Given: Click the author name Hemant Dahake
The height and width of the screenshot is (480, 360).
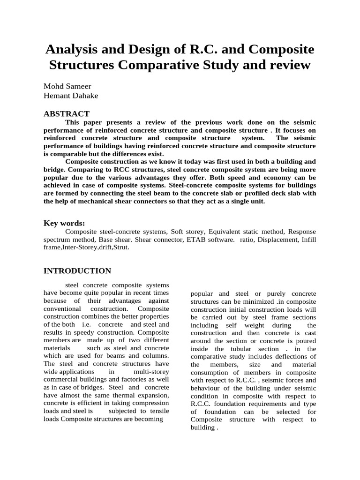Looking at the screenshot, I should pyautogui.click(x=71, y=96).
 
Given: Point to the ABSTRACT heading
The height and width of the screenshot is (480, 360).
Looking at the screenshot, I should pyautogui.click(x=66, y=114).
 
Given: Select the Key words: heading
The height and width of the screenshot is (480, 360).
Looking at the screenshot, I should pyautogui.click(x=64, y=223).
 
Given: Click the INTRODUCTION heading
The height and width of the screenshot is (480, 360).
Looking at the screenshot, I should pyautogui.click(x=77, y=271).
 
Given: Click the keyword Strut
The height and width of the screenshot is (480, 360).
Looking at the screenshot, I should pyautogui.click(x=120, y=247).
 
